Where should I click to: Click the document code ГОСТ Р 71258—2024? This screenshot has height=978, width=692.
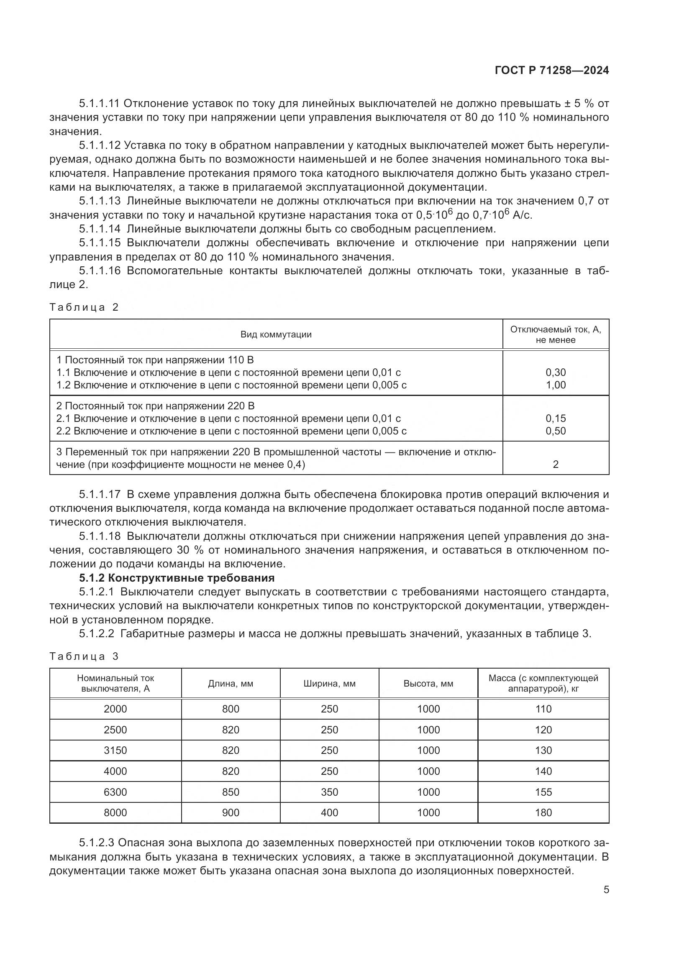tap(551, 71)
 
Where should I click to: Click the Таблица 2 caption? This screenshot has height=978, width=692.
tap(84, 307)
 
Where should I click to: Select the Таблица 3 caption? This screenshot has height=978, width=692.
tap(84, 656)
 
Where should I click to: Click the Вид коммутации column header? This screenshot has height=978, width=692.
tap(276, 335)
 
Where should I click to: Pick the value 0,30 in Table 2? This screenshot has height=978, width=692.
tap(556, 372)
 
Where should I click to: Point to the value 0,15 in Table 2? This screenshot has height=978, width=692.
tap(556, 418)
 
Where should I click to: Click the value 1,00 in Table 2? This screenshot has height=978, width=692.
tap(556, 385)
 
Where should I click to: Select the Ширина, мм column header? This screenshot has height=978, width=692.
tap(329, 684)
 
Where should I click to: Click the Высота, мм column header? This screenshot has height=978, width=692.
tap(428, 684)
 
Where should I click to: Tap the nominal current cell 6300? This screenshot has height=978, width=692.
tap(115, 792)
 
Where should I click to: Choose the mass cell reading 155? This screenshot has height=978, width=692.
tap(543, 792)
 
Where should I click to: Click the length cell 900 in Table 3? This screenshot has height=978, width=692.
tap(231, 812)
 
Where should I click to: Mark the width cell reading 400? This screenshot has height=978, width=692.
tap(329, 812)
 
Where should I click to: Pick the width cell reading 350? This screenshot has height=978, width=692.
tap(329, 792)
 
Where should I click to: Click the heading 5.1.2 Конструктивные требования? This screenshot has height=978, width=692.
tap(177, 578)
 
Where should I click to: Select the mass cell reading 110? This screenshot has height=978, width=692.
tap(543, 709)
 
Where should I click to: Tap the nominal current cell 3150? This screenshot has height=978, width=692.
tap(115, 750)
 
